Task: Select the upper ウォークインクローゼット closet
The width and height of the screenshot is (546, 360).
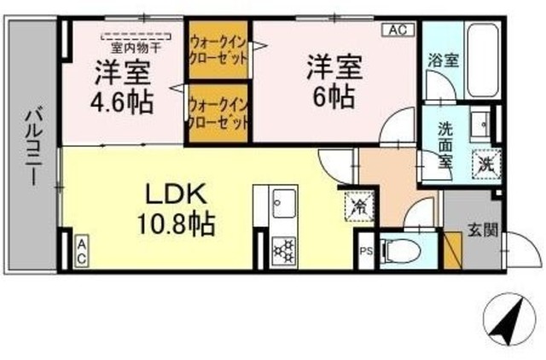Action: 218,49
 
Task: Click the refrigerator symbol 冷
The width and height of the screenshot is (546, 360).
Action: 359,206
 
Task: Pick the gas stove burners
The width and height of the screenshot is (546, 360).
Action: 282,248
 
